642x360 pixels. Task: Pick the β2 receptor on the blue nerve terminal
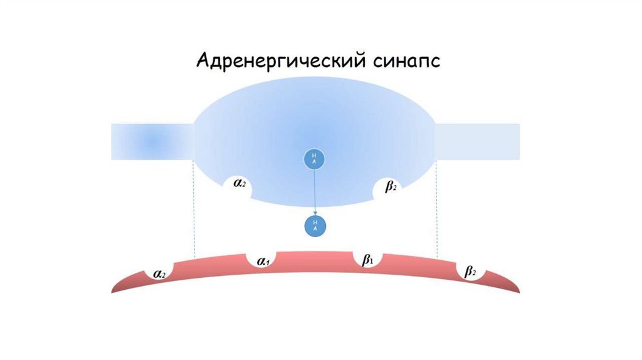[390, 187]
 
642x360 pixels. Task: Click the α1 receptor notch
[263, 262]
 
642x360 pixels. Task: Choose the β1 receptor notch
[367, 260]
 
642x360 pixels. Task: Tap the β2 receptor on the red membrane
[470, 272]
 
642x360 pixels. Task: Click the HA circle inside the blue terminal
[314, 159]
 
